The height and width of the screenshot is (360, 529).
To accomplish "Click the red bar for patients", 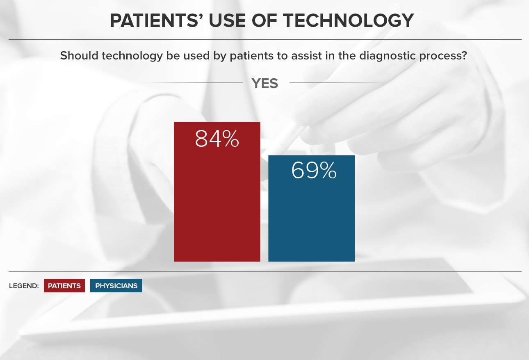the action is (217, 191).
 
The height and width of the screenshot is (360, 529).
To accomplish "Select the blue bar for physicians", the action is (311, 208).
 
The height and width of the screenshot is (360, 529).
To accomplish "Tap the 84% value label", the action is (217, 139).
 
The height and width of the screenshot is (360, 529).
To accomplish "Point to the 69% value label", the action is (314, 170).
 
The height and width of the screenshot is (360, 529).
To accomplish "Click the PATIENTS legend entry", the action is (64, 286).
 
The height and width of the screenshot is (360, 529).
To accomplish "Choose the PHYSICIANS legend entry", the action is (116, 286).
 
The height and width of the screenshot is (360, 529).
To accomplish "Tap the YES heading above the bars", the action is (265, 83).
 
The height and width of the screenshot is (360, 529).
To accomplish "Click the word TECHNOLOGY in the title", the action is (348, 21).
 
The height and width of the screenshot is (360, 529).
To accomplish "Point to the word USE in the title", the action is (227, 21).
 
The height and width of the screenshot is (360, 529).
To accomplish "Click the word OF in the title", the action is (264, 21).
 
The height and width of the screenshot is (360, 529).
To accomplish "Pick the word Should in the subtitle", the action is (79, 56).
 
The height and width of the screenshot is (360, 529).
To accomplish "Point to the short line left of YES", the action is (194, 83).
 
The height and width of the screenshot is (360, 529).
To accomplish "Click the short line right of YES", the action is (336, 83).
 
